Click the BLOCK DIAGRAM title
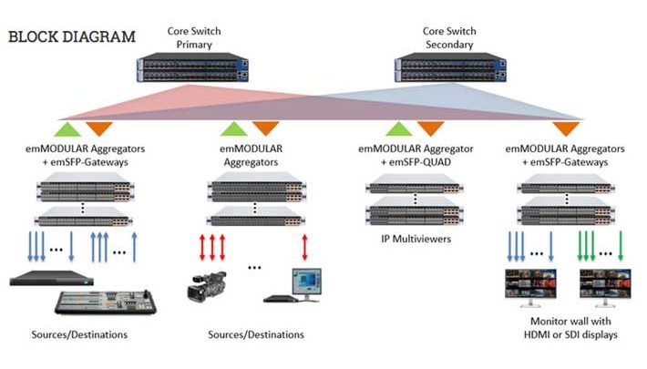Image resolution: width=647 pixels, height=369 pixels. [x=72, y=37]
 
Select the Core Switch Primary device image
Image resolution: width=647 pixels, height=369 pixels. [x=192, y=69]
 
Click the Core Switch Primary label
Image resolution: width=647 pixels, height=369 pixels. [x=192, y=37]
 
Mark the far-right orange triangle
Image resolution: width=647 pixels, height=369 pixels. [x=566, y=128]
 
